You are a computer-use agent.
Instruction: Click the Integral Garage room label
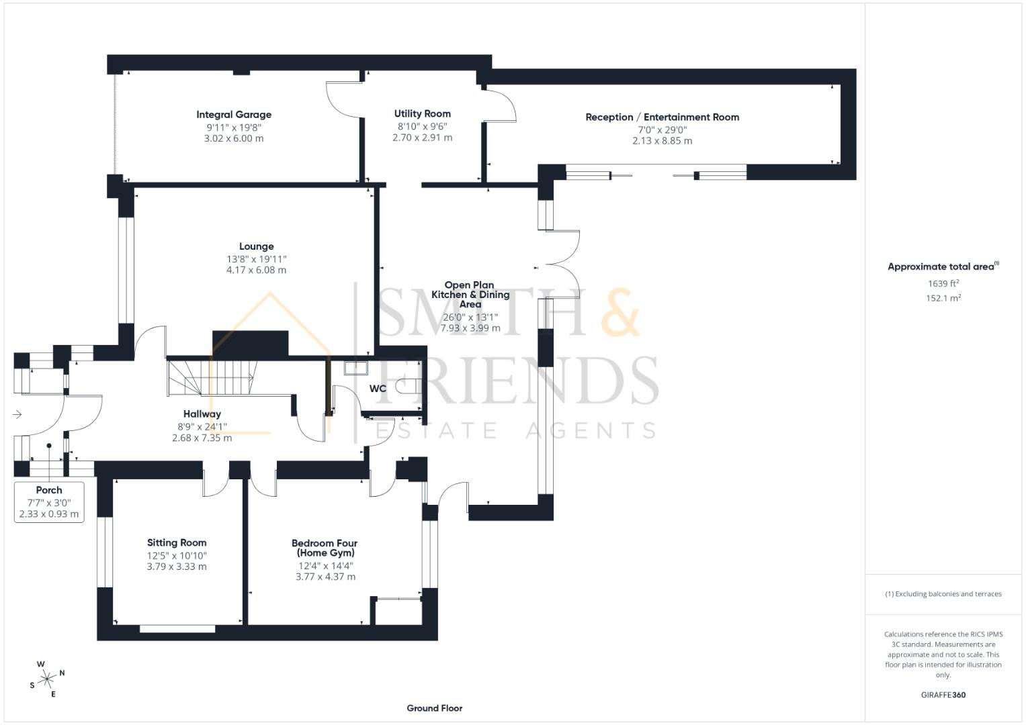pos(234,115)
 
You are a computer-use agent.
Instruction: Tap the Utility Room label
pos(422,114)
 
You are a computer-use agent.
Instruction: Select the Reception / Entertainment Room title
pos(662,117)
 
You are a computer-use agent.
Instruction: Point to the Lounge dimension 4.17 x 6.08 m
pos(256,271)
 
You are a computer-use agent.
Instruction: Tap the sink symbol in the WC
pos(354,368)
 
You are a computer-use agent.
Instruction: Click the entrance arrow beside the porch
pos(17,415)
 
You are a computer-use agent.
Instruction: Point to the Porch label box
pos(49,502)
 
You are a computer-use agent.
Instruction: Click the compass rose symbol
pos(47,679)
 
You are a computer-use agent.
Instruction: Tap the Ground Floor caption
pos(434,708)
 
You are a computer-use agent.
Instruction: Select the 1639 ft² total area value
pos(943,283)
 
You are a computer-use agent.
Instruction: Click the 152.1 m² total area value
pos(943,298)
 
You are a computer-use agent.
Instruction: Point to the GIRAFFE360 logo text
pos(943,695)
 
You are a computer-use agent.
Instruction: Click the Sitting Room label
pos(177,543)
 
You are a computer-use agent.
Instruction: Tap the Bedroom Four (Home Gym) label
pos(325,548)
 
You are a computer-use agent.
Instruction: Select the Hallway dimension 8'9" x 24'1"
pos(202,426)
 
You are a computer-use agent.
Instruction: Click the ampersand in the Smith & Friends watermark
pos(619,313)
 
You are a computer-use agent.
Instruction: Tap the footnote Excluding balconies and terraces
pos(943,594)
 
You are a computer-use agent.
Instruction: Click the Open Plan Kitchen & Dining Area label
pos(470,295)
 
